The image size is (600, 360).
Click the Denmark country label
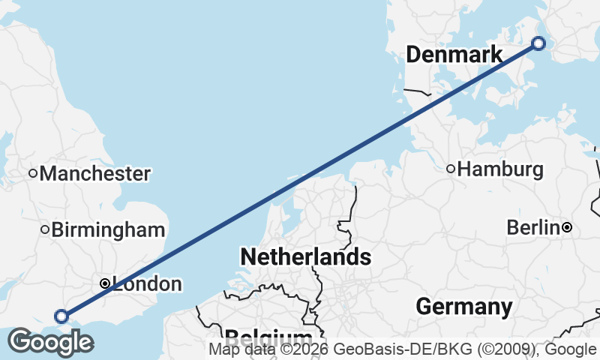pos(454,55)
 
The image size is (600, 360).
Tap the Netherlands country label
pos(305,257)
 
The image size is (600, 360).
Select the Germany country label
pos(464,306)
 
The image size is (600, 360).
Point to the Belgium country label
pos(268,336)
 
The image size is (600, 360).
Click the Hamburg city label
pos(500,169)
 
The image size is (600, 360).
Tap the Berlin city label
pos(532,226)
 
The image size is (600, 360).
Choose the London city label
pos(147,284)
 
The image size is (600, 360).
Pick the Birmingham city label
pos(108,229)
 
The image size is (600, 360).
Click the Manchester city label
pos(95,173)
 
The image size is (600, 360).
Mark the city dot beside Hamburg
pos(451,169)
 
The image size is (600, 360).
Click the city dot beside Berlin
pos(567,226)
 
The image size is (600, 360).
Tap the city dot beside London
pos(105,283)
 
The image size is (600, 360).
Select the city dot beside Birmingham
pos(45,229)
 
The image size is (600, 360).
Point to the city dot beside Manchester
pos(33,173)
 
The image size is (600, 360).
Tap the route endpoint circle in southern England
pos(61,316)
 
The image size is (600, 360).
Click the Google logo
pos(50,342)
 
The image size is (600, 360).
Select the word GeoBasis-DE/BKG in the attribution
pos(393,349)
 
